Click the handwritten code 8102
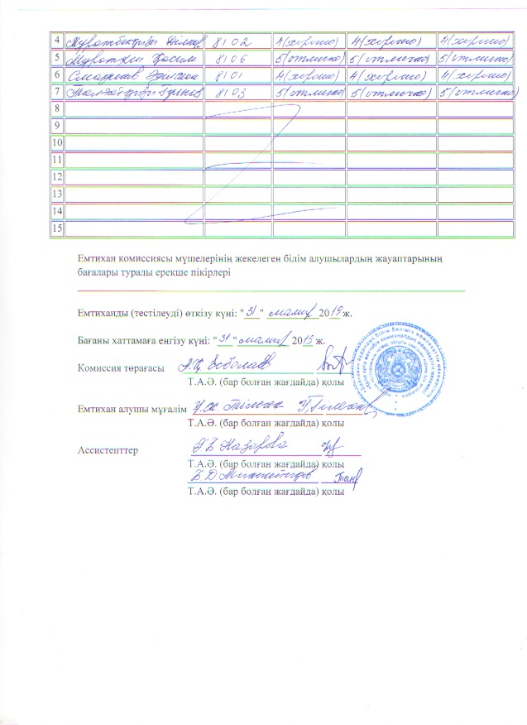pos(235,40)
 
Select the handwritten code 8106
pos(235,58)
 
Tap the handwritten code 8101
pos(235,76)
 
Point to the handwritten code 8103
pos(235,94)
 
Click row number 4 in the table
pos(56,40)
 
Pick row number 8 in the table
pos(56,109)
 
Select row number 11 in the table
pos(56,158)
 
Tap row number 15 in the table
pos(56,228)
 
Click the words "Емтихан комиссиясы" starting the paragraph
pos(126,259)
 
